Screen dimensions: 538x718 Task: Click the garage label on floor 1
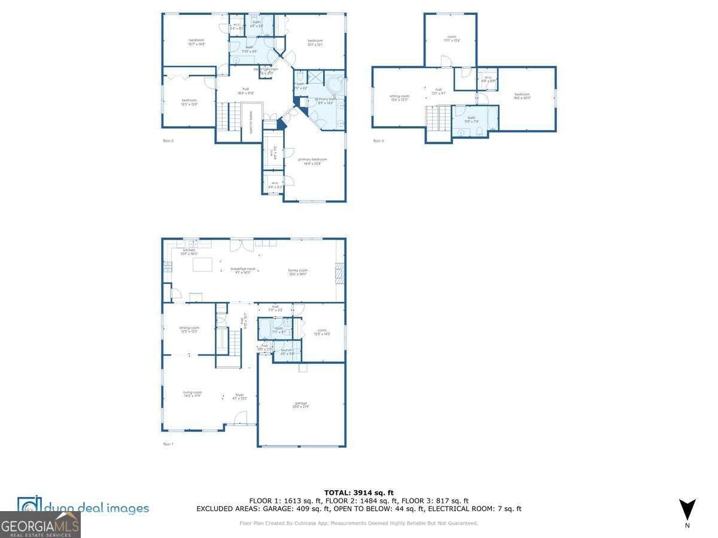pos(301,405)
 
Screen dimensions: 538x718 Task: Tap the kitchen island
pos(202,265)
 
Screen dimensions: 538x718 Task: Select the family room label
pos(297,271)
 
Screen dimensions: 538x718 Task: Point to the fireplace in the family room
pos(339,273)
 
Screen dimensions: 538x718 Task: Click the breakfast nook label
pos(243,270)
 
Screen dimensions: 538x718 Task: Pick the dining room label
pos(189,329)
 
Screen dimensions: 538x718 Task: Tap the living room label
pos(192,394)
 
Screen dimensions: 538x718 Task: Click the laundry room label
pos(287,351)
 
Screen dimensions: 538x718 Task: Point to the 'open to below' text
pos(251,122)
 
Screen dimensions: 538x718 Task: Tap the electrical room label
pos(266,70)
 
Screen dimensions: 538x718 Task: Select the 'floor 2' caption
pos(168,141)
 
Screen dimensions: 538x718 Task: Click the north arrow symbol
pos(687,509)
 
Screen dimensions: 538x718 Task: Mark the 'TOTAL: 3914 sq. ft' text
pos(358,493)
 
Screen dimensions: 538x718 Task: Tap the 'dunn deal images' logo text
pos(96,508)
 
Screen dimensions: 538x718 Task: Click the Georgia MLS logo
pos(40,525)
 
